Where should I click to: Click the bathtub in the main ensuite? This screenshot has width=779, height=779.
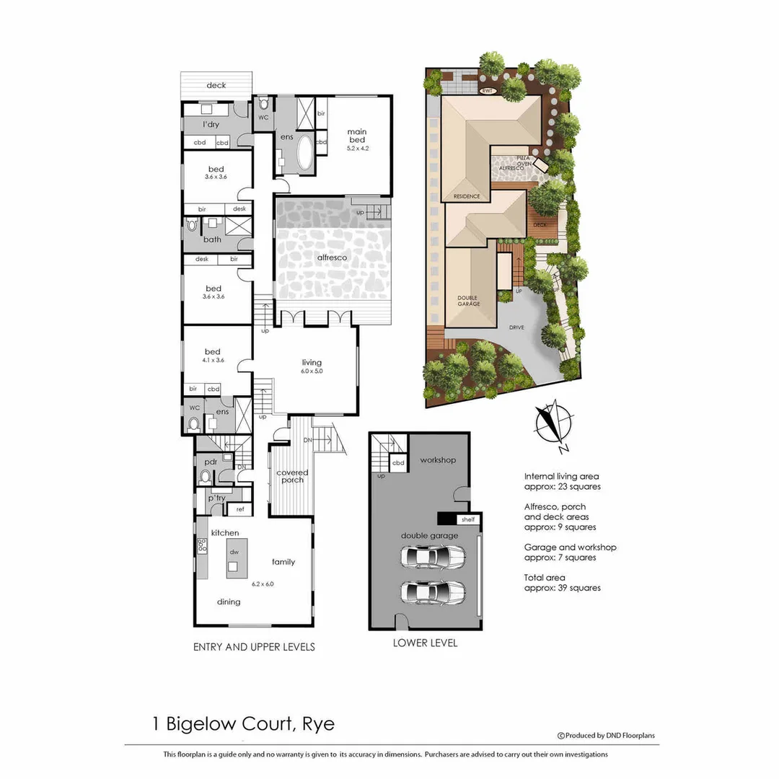pyautogui.click(x=304, y=154)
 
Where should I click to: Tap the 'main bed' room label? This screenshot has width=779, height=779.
pyautogui.click(x=357, y=136)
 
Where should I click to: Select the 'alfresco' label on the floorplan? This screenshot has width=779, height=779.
pyautogui.click(x=332, y=258)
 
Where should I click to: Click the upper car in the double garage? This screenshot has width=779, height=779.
pyautogui.click(x=432, y=557)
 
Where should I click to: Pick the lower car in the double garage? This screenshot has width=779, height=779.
pyautogui.click(x=432, y=591)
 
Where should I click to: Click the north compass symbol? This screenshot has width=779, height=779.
pyautogui.click(x=552, y=423)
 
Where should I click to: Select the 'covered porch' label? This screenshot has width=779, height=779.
pyautogui.click(x=292, y=476)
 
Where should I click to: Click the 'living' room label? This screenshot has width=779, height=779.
pyautogui.click(x=312, y=363)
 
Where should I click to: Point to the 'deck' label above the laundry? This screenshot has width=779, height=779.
pyautogui.click(x=216, y=85)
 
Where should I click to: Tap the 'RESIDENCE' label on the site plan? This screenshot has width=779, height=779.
pyautogui.click(x=466, y=196)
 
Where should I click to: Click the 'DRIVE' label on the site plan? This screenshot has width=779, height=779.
pyautogui.click(x=516, y=327)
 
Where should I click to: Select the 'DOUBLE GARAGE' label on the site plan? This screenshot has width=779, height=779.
pyautogui.click(x=469, y=300)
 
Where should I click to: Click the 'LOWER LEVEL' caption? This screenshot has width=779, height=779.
pyautogui.click(x=425, y=643)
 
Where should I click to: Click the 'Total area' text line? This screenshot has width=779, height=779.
pyautogui.click(x=545, y=577)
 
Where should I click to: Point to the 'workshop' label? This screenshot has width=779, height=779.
pyautogui.click(x=439, y=459)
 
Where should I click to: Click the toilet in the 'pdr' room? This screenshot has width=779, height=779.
pyautogui.click(x=205, y=477)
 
